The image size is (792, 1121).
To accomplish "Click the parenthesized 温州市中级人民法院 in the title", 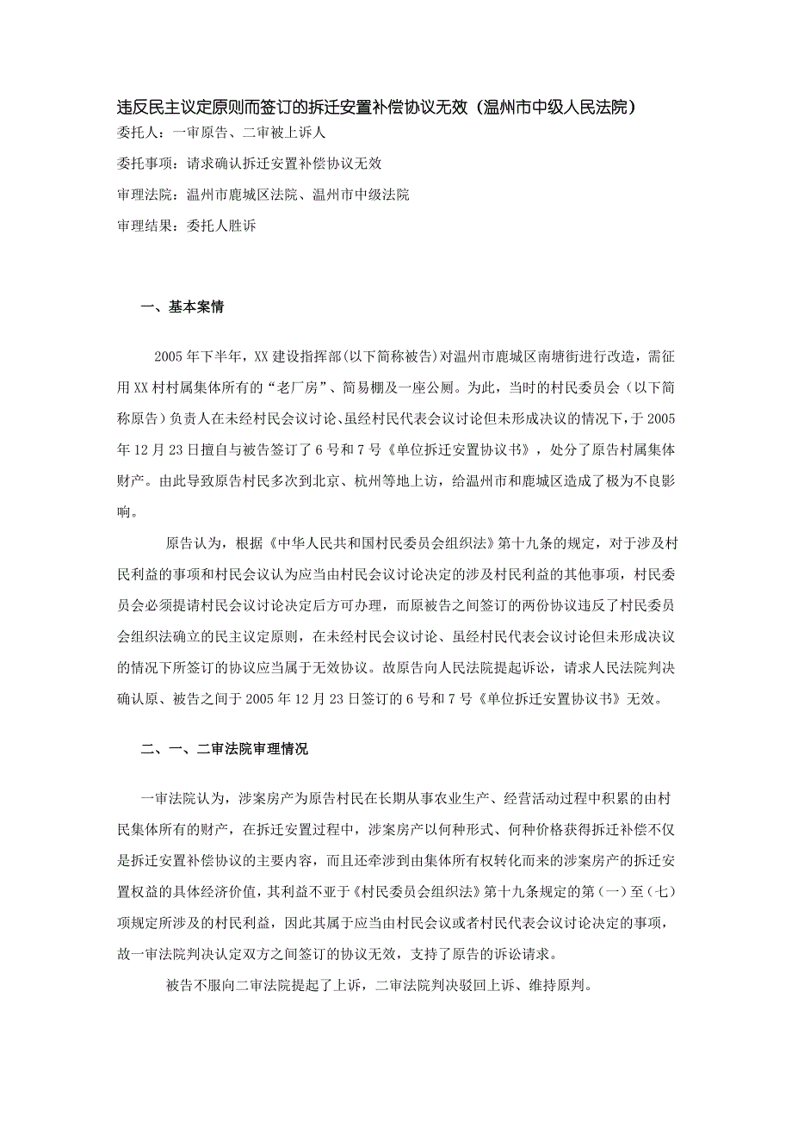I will pyautogui.click(x=560, y=108).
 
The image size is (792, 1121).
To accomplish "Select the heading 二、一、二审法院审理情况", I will pyautogui.click(x=225, y=749).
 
